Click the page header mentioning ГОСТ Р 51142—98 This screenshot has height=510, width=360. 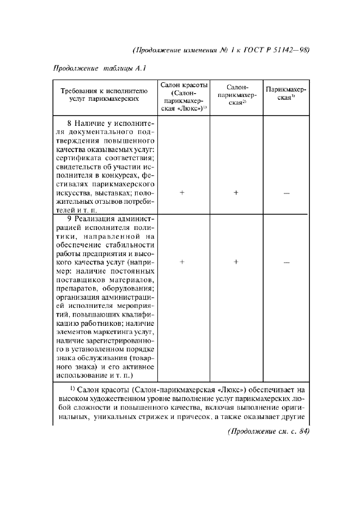pos(221,50)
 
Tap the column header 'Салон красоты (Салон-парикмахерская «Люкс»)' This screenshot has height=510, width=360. pos(183,98)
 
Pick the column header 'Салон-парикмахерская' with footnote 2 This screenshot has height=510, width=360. pos(236,95)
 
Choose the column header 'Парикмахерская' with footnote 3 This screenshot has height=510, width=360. pos(285,93)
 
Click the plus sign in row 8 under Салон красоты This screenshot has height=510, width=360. pos(183,192)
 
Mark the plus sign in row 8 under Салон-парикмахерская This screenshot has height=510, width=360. pos(236,192)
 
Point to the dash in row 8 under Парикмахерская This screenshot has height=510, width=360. pos(286,193)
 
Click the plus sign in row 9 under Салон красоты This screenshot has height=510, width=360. pos(183,262)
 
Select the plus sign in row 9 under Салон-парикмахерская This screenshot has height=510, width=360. pos(236,262)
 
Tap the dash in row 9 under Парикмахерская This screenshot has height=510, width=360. pos(286,263)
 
